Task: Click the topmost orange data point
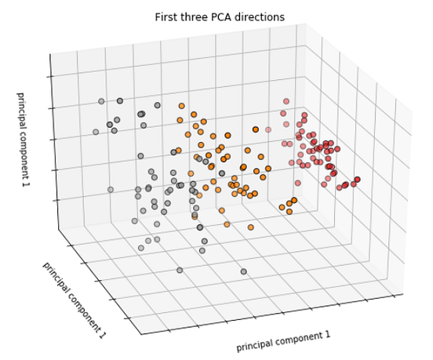pos(181,105)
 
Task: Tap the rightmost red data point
pos(357,180)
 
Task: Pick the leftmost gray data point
pos(96,132)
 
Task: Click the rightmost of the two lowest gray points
pos(243,271)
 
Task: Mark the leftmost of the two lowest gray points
pos(180,270)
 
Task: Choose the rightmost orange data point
pos(297,202)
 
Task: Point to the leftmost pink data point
pos(268,129)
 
